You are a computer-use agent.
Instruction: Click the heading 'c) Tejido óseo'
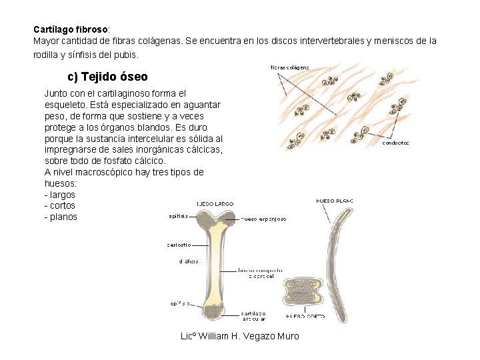(107, 77)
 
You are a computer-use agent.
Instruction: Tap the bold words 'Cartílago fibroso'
(71, 30)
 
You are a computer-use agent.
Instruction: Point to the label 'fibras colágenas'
(289, 67)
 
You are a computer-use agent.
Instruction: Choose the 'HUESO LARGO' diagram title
(215, 203)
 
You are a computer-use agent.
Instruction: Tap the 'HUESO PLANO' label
(334, 201)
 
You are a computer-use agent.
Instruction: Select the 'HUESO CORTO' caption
(305, 316)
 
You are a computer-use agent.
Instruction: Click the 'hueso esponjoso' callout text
(263, 219)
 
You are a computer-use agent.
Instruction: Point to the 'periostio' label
(179, 245)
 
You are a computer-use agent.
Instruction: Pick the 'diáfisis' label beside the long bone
(188, 262)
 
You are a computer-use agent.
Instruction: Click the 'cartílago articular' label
(253, 315)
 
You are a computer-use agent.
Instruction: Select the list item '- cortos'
(60, 206)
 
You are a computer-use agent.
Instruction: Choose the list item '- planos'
(61, 217)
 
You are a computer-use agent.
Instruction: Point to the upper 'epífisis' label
(178, 215)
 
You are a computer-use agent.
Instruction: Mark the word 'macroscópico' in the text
(103, 173)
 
